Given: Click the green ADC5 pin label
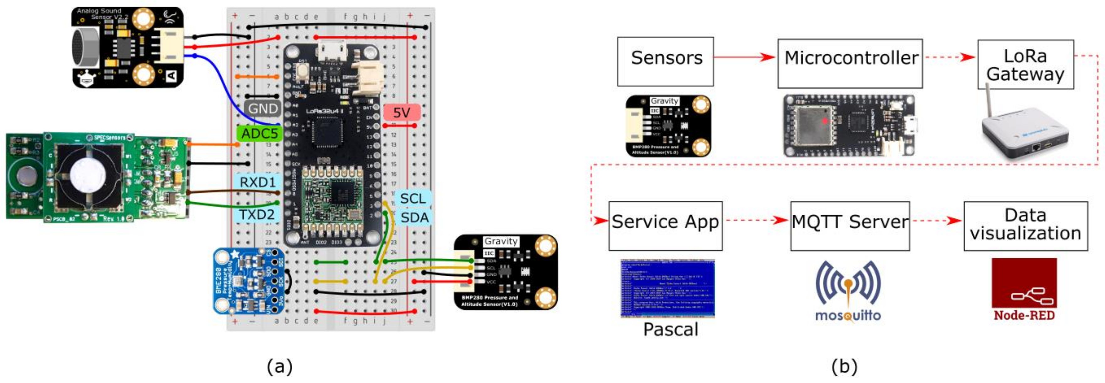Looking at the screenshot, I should coord(259,133).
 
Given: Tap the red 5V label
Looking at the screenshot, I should coord(401,112).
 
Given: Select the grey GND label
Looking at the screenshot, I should coord(262,108).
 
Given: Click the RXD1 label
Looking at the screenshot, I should coord(257,182).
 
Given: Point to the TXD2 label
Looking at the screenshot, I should coord(256,214).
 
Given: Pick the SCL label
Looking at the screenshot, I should coord(413,198).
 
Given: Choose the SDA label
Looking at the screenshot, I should coord(414,218).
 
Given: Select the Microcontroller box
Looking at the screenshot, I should coord(850,63).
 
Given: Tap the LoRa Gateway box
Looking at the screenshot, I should coord(1025,64).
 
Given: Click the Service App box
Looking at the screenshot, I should coord(665,225).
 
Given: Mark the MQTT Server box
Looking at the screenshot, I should coord(850,225).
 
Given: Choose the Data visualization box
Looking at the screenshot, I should coord(1025,225).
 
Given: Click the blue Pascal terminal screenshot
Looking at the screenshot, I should coord(668,288).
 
